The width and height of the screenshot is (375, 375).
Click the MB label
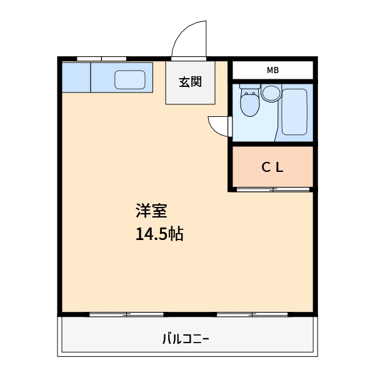tap(272, 70)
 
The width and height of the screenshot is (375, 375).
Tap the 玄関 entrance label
tap(190, 82)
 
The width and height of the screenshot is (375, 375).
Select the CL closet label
tap(272, 167)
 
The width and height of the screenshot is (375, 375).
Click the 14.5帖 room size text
tap(159, 234)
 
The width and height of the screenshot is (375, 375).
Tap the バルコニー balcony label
tap(186, 340)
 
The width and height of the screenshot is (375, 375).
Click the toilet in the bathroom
tap(250, 104)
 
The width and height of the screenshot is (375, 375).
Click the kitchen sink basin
tap(130, 79)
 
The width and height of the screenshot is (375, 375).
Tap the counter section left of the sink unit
tap(76, 77)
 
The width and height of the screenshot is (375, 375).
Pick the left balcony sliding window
tap(127, 314)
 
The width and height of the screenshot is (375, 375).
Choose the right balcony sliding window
tap(252, 314)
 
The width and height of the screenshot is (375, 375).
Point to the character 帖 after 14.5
tap(175, 234)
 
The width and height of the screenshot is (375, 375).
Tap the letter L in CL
tap(280, 167)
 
